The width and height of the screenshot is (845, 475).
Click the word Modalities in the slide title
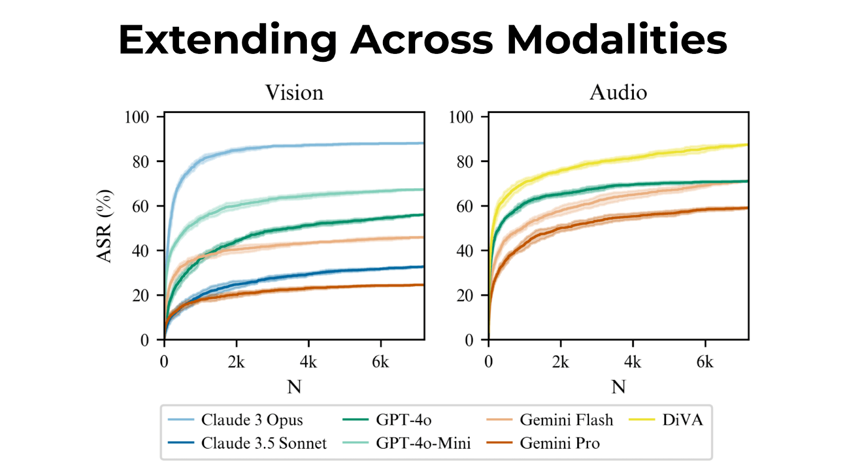click(616, 40)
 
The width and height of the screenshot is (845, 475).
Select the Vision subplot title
click(294, 92)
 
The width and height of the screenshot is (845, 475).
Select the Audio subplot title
click(618, 92)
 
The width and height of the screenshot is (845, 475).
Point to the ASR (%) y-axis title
click(105, 225)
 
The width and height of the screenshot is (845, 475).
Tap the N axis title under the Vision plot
click(294, 387)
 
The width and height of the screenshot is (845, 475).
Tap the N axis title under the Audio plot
click(618, 387)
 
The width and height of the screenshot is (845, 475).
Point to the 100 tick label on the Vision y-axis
click(137, 117)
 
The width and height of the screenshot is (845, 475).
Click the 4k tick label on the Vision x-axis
click(308, 362)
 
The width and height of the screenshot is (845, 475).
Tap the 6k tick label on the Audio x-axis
click(705, 362)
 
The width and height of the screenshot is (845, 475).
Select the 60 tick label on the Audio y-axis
click(464, 206)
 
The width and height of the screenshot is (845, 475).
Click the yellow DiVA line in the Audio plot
click(634, 158)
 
